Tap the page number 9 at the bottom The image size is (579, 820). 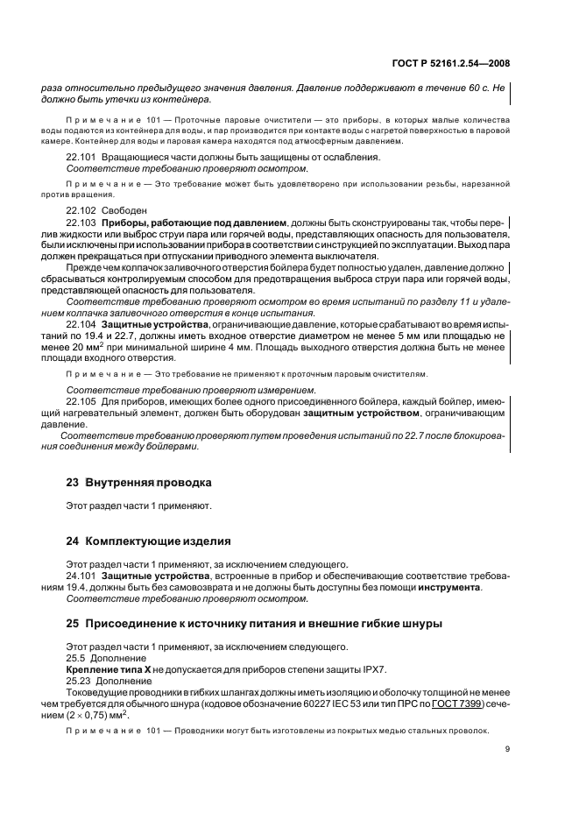coord(507,749)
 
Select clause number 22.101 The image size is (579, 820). coord(81,157)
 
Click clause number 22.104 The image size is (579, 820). coord(81,324)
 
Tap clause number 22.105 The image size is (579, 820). coord(81,401)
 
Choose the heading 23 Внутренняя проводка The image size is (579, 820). coord(138,483)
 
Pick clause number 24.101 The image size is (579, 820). coord(81,576)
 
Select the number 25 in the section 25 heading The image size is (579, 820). coord(74,624)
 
